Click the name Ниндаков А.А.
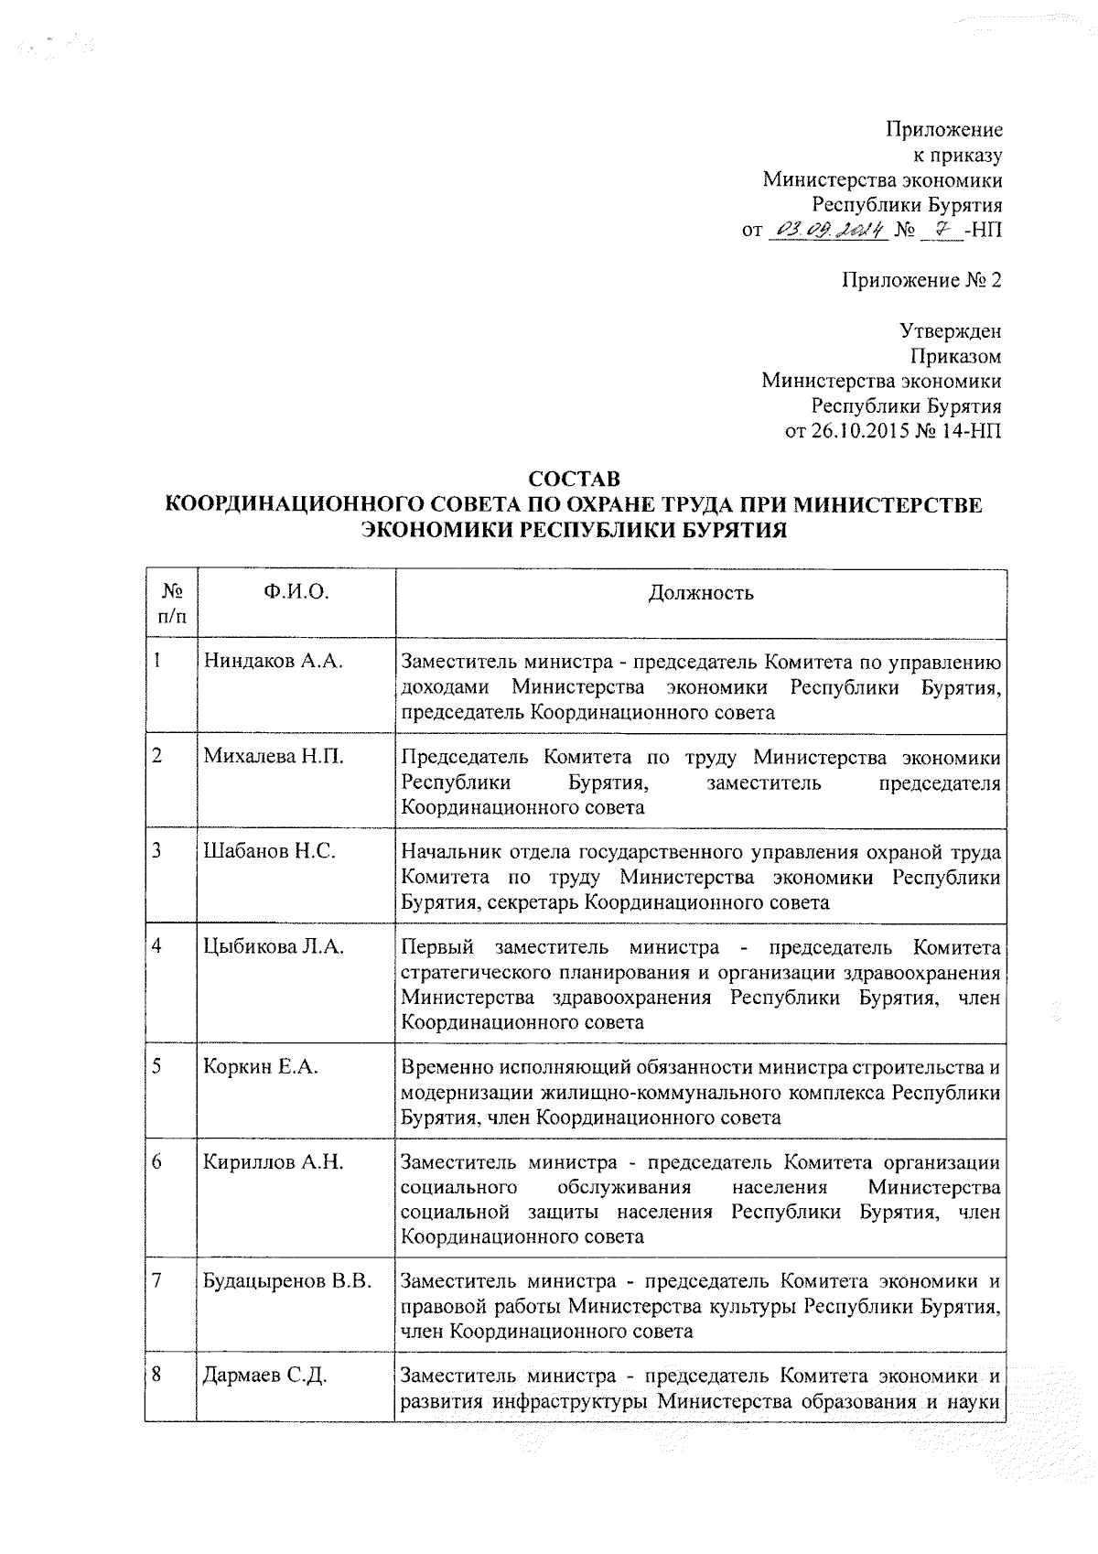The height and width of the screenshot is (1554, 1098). [x=273, y=662]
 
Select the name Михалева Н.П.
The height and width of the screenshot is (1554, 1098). [x=274, y=757]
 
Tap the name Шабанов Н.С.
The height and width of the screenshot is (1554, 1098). [x=269, y=852]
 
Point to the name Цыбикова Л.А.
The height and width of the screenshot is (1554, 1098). [x=274, y=947]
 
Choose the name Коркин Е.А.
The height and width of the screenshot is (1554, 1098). [x=261, y=1067]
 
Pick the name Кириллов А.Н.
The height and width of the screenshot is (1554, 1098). [x=273, y=1162]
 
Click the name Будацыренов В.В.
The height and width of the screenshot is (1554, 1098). [x=287, y=1281]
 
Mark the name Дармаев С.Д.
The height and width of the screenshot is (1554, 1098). [x=265, y=1376]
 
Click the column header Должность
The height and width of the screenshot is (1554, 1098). [x=701, y=592]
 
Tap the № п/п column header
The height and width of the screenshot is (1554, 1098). [x=171, y=603]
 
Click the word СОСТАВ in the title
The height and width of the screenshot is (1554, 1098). [x=575, y=479]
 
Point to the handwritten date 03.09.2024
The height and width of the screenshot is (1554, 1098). [x=829, y=230]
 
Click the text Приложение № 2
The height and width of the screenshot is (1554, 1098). [x=921, y=280]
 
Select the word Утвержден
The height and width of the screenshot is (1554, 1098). [x=950, y=330]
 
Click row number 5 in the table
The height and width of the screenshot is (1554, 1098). [x=157, y=1067]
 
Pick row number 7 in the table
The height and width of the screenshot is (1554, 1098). [x=157, y=1281]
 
